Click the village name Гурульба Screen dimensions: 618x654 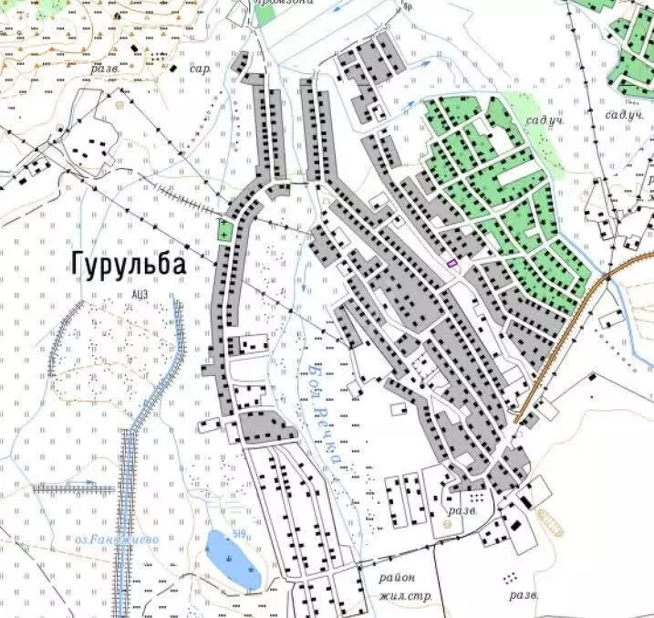(x=128, y=265)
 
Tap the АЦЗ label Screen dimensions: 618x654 (x=139, y=294)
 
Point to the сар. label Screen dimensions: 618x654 (x=200, y=69)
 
